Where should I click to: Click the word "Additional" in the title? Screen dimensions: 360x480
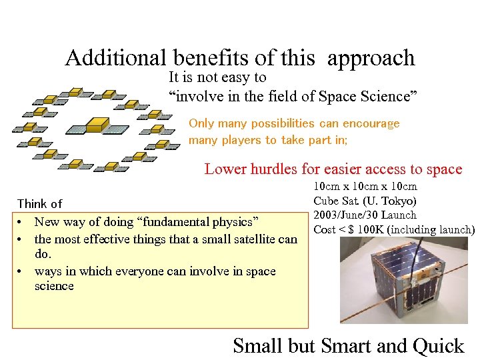point(117,58)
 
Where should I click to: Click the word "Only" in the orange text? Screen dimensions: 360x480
point(201,123)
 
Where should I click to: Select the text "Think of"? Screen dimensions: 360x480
point(39,203)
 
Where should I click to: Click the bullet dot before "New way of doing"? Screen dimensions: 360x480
point(22,222)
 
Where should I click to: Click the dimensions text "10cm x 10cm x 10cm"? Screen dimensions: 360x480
point(365,186)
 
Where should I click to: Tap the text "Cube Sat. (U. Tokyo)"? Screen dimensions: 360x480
point(365,201)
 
